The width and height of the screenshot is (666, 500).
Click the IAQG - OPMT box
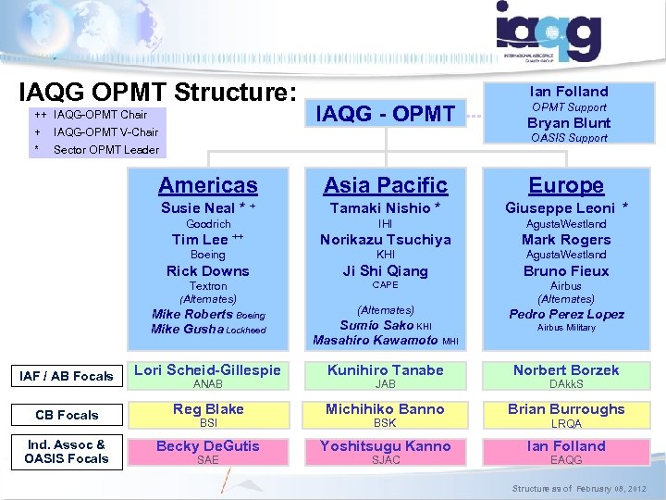pyautogui.click(x=386, y=114)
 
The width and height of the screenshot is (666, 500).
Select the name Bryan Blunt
pyautogui.click(x=568, y=122)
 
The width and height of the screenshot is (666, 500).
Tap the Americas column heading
pyautogui.click(x=207, y=185)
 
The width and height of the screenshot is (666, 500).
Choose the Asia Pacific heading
pyautogui.click(x=385, y=185)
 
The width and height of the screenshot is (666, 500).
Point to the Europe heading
pyautogui.click(x=566, y=185)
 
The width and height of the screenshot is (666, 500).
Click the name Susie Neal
pyautogui.click(x=198, y=207)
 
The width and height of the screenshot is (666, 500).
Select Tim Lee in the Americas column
pyautogui.click(x=201, y=239)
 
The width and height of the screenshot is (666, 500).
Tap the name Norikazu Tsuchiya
pyautogui.click(x=385, y=239)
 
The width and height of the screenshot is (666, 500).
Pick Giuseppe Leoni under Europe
pyautogui.click(x=560, y=207)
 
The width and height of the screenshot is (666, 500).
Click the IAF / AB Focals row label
pyautogui.click(x=68, y=376)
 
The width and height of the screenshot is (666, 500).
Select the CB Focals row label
pyautogui.click(x=68, y=415)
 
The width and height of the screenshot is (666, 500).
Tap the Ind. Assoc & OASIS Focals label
pyautogui.click(x=68, y=451)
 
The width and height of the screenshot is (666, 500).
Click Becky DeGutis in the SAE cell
pyautogui.click(x=207, y=445)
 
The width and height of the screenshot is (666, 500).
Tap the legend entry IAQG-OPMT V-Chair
pyautogui.click(x=105, y=132)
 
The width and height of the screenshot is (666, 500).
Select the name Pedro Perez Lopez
pyautogui.click(x=566, y=314)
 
